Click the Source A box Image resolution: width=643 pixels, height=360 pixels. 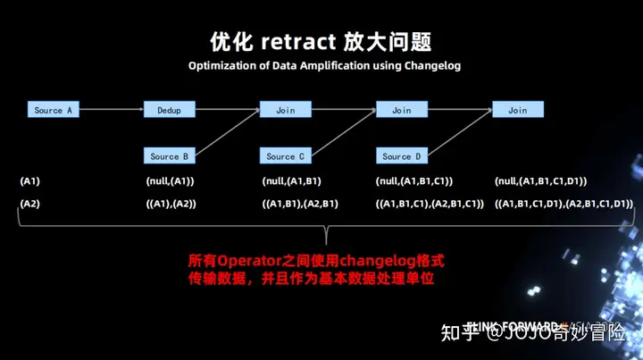pyautogui.click(x=54, y=110)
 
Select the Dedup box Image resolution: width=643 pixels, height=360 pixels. pyautogui.click(x=169, y=110)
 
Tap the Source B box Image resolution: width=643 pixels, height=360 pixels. pyautogui.click(x=169, y=156)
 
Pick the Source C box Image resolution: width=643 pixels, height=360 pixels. pyautogui.click(x=286, y=156)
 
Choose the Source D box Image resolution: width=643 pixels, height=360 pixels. pyautogui.click(x=402, y=156)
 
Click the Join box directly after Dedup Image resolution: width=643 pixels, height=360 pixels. pyautogui.click(x=286, y=110)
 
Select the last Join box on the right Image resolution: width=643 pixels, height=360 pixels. pyautogui.click(x=518, y=110)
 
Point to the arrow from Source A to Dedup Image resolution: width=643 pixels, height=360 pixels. pyautogui.click(x=112, y=110)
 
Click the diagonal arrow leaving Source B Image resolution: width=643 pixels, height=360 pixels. pyautogui.click(x=228, y=134)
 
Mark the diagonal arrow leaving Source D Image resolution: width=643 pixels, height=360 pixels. pyautogui.click(x=460, y=134)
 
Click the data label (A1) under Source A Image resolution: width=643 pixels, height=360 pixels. pyautogui.click(x=29, y=181)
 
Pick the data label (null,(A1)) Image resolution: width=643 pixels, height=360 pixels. pyautogui.click(x=170, y=181)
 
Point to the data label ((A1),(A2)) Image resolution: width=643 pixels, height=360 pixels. pyautogui.click(x=171, y=204)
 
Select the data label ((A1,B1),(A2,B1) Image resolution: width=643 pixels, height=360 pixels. pyautogui.click(x=300, y=204)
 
